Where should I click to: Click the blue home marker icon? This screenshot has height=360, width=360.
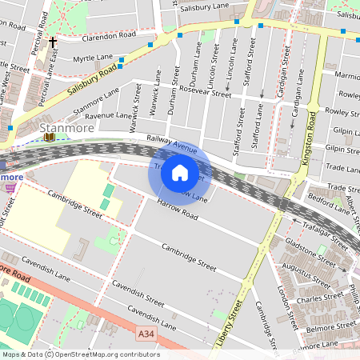(x=180, y=172)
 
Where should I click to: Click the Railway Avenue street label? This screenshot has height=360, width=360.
(x=171, y=144)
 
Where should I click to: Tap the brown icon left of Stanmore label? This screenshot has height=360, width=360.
(x=50, y=136)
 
